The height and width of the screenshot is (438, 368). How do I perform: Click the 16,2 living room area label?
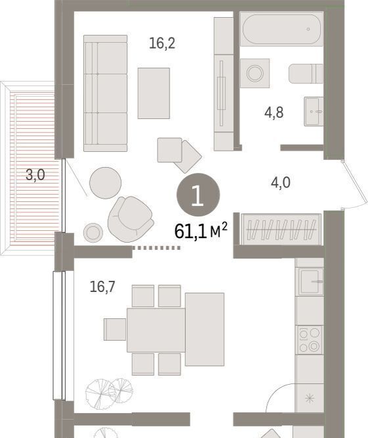coord(162,43)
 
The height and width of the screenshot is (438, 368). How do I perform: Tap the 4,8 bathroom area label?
coord(274,112)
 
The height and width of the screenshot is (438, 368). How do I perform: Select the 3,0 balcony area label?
coord(35,175)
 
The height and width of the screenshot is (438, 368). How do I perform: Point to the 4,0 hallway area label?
coord(281,183)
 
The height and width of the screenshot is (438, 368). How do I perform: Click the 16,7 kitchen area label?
coord(103,287)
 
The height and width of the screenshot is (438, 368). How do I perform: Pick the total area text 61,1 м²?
coord(201,231)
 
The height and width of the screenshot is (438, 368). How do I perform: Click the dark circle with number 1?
coord(198,195)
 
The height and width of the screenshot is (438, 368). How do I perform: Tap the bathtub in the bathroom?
coord(281,29)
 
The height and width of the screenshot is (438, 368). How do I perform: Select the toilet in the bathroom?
coord(306,74)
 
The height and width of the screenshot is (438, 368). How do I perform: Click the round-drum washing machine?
coord(254,73)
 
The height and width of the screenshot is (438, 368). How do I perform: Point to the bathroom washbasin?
coord(314,111)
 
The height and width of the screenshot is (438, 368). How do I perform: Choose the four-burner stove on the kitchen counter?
coord(310,340)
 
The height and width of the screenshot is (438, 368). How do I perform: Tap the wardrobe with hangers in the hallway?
coord(281,230)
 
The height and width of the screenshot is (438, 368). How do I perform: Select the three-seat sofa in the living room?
coord(106,93)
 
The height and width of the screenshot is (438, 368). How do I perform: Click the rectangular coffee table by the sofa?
coord(154,93)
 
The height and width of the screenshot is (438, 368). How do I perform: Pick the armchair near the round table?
coord(131,219)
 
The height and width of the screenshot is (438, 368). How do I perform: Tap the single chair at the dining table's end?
coord(115,329)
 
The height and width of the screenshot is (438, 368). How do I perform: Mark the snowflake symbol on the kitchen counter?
coord(310,398)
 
